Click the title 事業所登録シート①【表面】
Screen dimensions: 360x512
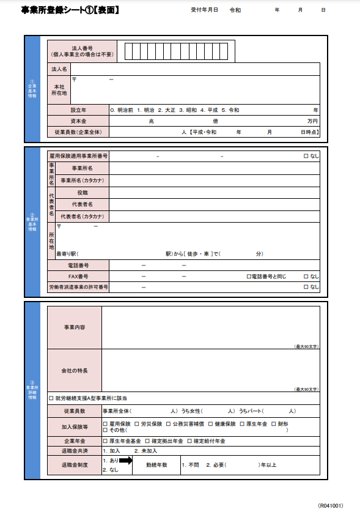[70, 10]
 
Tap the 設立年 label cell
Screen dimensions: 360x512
[78, 110]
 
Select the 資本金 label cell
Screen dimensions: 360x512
[78, 121]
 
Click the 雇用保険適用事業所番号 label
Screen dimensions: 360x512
[78, 156]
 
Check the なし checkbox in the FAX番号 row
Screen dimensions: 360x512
[306, 276]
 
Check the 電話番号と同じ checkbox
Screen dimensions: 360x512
[249, 276]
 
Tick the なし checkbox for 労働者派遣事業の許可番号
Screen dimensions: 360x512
[306, 287]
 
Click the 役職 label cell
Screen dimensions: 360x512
[82, 192]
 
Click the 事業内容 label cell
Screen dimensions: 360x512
[75, 327]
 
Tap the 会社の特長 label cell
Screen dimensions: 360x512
[75, 371]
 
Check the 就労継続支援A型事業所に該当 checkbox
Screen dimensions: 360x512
[51, 398]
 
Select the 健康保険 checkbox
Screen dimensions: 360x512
[211, 423]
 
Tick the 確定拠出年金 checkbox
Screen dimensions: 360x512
[147, 440]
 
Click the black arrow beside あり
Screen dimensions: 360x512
[125, 460]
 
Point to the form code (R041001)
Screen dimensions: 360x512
[330, 505]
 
